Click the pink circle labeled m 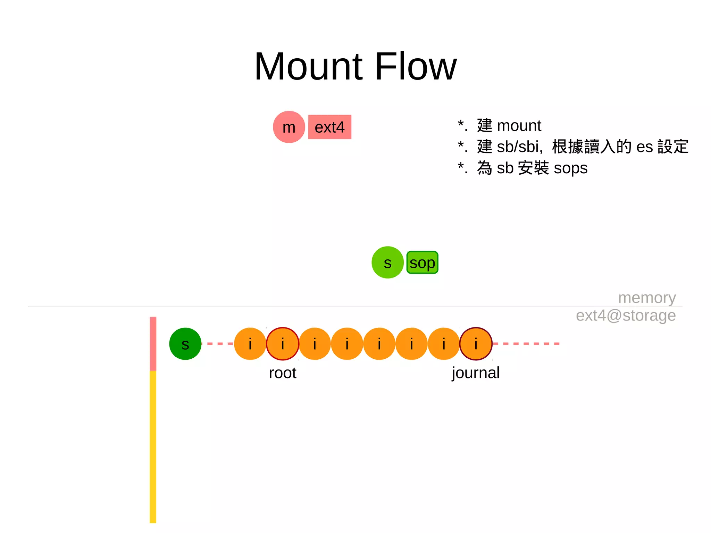[x=289, y=127]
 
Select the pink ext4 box [x=329, y=127]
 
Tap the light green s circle [x=387, y=263]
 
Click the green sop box [x=422, y=263]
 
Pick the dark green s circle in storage [x=185, y=344]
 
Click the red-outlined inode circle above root [x=283, y=344]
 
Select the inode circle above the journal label [x=476, y=344]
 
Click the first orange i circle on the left [x=250, y=344]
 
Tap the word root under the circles [x=283, y=373]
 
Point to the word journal [x=476, y=373]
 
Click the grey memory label [x=647, y=298]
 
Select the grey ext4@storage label [x=626, y=316]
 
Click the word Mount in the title [x=309, y=67]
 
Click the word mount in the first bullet [x=519, y=126]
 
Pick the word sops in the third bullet [x=570, y=168]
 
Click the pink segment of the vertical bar [x=153, y=344]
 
